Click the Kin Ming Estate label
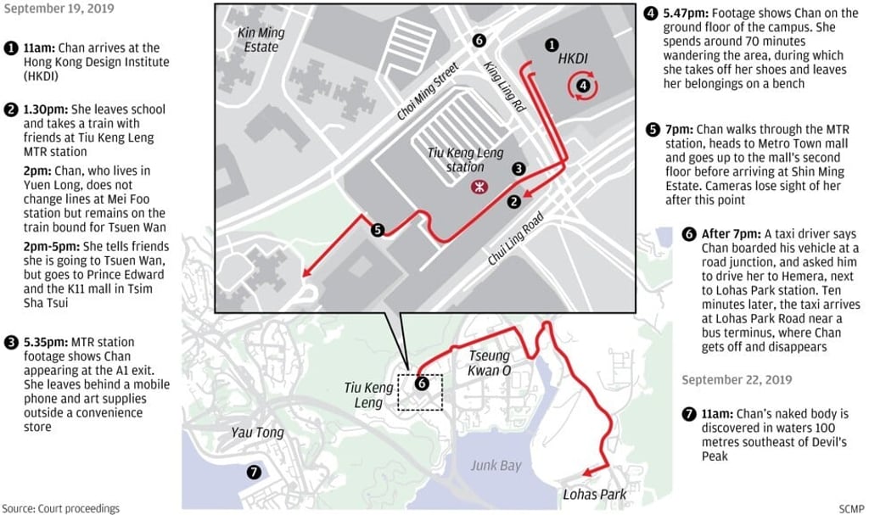click(x=261, y=40)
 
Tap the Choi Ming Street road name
click(x=426, y=91)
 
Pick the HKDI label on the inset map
click(x=573, y=59)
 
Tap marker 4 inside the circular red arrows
click(x=584, y=84)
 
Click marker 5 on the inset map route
click(x=378, y=230)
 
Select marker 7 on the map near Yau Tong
click(x=252, y=472)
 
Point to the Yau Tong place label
click(x=257, y=433)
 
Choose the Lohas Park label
click(x=595, y=494)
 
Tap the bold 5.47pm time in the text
click(x=687, y=14)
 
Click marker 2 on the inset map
click(x=513, y=202)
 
